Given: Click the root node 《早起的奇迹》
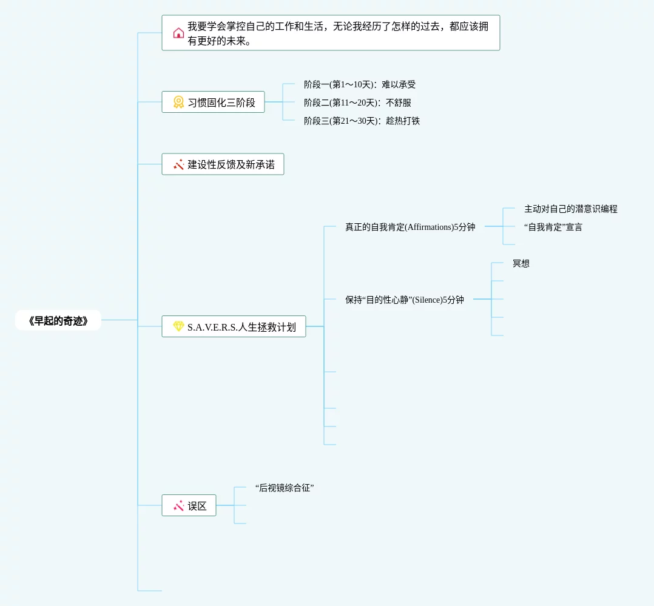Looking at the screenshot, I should click(x=58, y=320).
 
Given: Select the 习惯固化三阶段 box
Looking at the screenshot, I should click(x=213, y=102).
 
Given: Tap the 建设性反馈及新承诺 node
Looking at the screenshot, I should click(x=223, y=164).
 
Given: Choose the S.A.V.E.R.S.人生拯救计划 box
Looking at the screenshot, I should click(x=234, y=326).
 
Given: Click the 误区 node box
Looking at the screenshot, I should click(x=189, y=505).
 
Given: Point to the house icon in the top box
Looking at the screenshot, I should click(x=178, y=33).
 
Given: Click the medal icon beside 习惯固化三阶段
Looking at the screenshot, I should click(x=178, y=102).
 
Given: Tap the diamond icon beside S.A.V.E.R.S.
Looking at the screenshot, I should click(x=178, y=326).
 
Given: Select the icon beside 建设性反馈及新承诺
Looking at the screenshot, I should click(x=178, y=164).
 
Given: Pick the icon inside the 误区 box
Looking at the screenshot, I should click(x=178, y=505).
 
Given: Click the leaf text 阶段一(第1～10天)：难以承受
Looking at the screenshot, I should click(x=360, y=84).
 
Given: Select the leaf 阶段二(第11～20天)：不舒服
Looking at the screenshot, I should click(x=357, y=103).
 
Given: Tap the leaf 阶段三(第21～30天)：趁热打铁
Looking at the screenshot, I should click(x=362, y=121).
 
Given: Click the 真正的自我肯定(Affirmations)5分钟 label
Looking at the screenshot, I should click(x=410, y=227).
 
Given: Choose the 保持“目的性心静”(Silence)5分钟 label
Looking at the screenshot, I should click(x=405, y=300).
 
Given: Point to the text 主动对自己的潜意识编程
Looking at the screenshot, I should click(x=571, y=209).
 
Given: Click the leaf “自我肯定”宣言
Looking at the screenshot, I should click(x=553, y=227).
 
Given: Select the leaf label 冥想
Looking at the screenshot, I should click(x=521, y=263).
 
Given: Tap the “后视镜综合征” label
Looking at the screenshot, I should click(x=285, y=488).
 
